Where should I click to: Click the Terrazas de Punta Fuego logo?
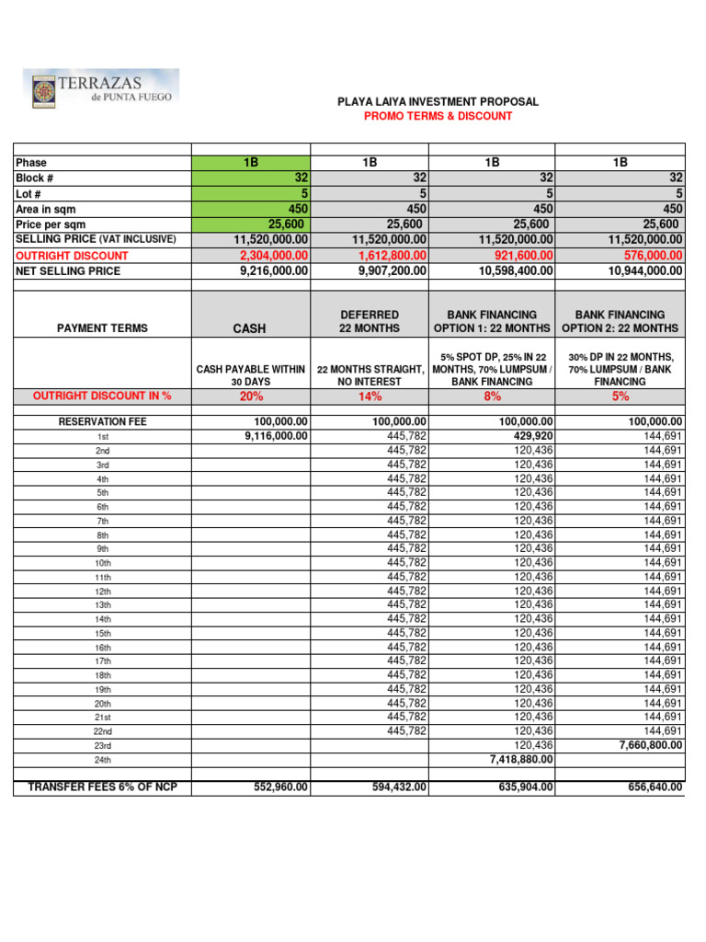pyautogui.click(x=101, y=89)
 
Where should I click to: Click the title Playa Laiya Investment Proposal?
pyautogui.click(x=438, y=102)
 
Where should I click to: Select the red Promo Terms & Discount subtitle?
pyautogui.click(x=438, y=117)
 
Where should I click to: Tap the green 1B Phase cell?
pyautogui.click(x=251, y=162)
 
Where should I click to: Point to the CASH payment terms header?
pyautogui.click(x=250, y=328)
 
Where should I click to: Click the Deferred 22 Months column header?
pyautogui.click(x=370, y=322)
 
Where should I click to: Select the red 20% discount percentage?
pyautogui.click(x=250, y=396)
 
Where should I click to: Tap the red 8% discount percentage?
pyautogui.click(x=492, y=396)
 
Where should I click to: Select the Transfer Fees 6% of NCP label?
pyautogui.click(x=102, y=787)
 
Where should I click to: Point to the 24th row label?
pyautogui.click(x=102, y=761)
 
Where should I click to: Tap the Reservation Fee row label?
pyautogui.click(x=102, y=422)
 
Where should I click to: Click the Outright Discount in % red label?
pyautogui.click(x=102, y=396)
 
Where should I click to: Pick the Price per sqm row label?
pyautogui.click(x=53, y=224)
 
